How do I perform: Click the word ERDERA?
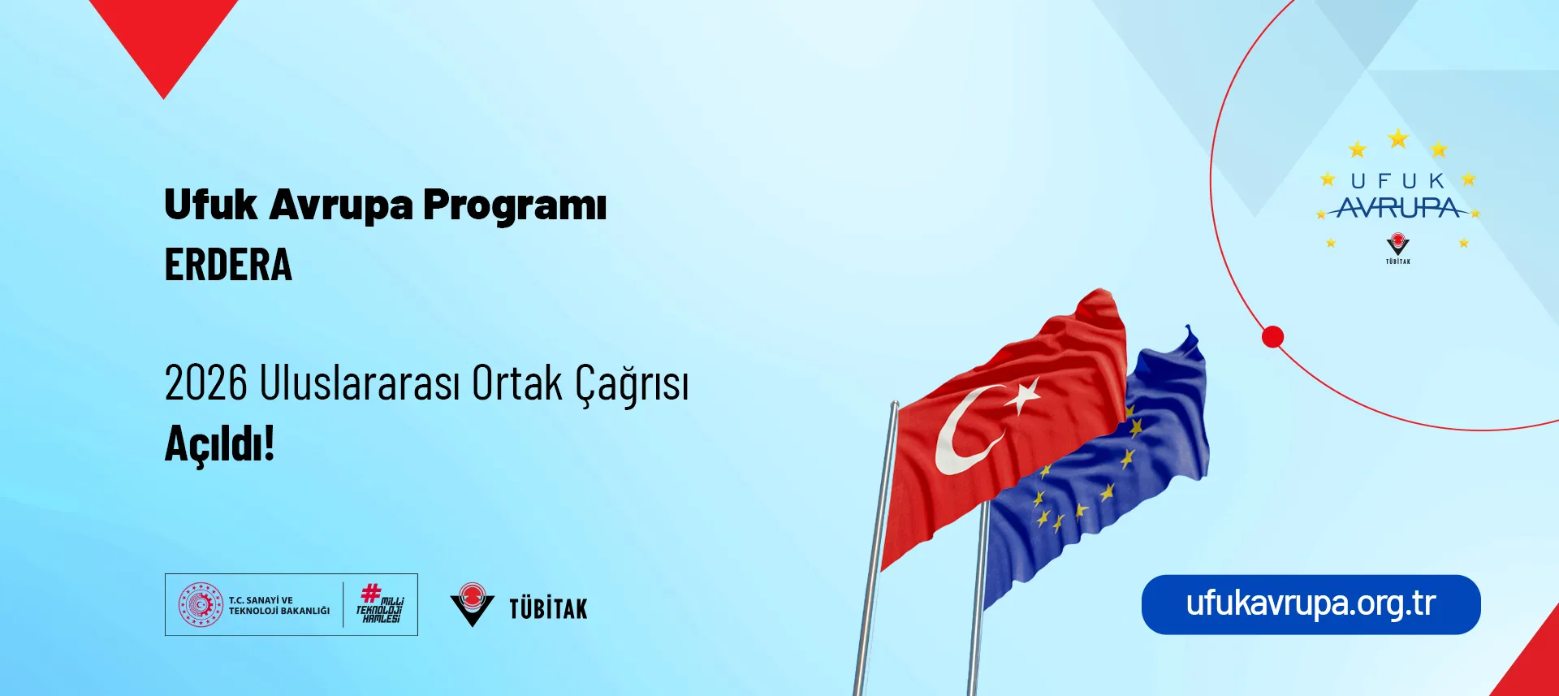click(228, 265)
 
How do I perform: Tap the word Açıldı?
click(220, 444)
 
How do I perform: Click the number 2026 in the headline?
click(205, 383)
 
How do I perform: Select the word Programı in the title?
click(515, 205)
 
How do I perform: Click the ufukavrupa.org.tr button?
click(1311, 604)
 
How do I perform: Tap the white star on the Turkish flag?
click(1023, 396)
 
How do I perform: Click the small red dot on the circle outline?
click(1272, 336)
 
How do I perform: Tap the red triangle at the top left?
click(163, 41)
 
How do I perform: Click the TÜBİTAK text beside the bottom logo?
click(548, 608)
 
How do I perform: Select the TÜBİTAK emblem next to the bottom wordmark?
click(472, 605)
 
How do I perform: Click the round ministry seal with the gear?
click(201, 604)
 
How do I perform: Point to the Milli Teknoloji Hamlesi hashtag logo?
click(380, 604)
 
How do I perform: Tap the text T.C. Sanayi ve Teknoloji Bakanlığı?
click(279, 605)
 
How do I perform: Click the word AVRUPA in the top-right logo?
click(1398, 209)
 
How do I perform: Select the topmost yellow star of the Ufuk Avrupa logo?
click(1397, 139)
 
